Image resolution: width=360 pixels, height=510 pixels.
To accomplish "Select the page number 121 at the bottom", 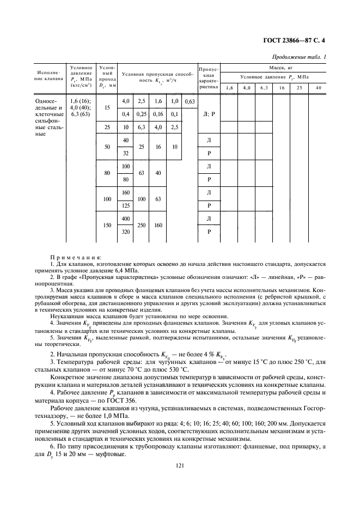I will tap(180, 465).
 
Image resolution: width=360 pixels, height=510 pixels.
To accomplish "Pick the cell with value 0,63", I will tap(190, 102).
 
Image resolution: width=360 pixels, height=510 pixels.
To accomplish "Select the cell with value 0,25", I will tap(142, 114).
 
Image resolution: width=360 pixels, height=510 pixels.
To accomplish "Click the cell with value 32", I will tap(126, 154).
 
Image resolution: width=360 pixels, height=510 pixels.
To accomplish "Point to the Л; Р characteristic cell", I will tap(210, 114).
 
